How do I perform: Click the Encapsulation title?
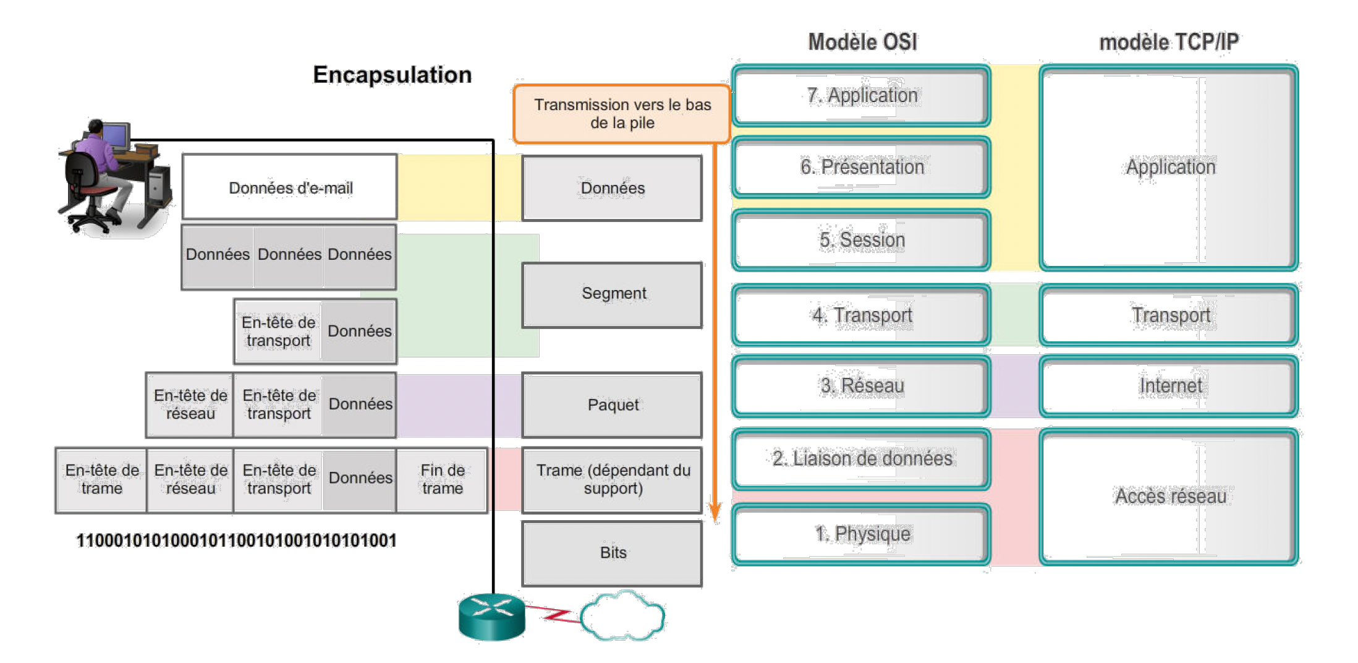392,75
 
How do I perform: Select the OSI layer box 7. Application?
861,96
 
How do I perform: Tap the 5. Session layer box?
861,240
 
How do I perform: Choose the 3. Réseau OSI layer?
861,386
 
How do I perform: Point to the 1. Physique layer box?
861,534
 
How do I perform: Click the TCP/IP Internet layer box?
1169,386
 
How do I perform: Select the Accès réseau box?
1169,497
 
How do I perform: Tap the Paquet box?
612,405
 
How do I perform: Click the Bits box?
612,553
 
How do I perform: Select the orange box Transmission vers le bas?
622,114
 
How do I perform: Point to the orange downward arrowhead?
715,513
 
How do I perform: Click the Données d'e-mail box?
289,187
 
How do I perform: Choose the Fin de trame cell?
442,480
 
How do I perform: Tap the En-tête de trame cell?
101,480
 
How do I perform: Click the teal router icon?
492,617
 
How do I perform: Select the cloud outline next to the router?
622,616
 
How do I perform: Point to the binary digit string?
236,541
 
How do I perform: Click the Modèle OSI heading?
862,42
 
